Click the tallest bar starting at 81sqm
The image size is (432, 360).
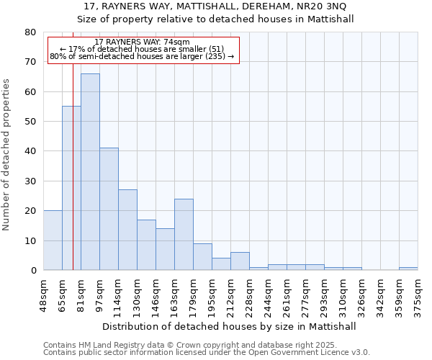point(90,171)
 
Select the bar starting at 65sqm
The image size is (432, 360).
point(71,188)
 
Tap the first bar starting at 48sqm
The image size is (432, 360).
point(53,240)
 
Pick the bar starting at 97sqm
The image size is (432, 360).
point(109,209)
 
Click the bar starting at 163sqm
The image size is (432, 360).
point(184,234)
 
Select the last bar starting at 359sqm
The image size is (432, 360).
point(408,269)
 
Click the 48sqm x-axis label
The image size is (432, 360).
point(43,294)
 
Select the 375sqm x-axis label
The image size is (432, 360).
point(418,294)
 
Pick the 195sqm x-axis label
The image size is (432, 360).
point(212,294)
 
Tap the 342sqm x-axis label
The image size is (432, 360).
point(380,294)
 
